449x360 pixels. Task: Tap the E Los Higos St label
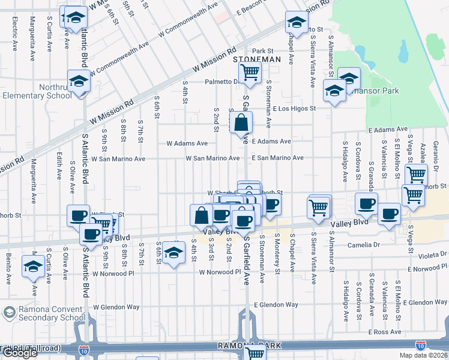294,109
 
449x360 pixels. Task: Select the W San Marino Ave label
212,158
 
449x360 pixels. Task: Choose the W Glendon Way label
118,307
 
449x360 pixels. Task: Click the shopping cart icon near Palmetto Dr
249,73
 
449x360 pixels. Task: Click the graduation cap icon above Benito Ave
33,265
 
